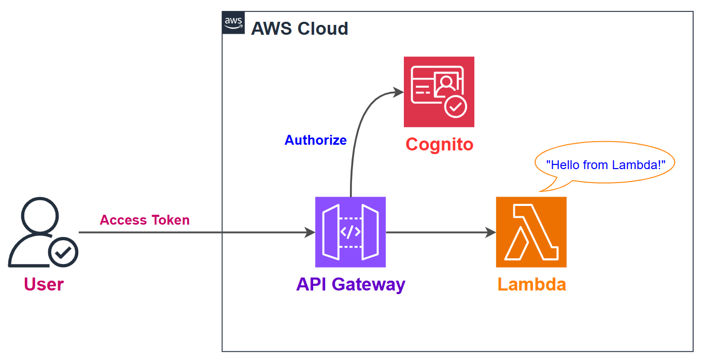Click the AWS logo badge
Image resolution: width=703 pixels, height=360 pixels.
click(x=233, y=22)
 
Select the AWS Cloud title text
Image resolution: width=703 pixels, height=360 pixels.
click(x=300, y=29)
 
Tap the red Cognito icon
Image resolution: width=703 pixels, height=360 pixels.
click(x=439, y=92)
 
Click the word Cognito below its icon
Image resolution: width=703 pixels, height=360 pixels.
click(x=439, y=144)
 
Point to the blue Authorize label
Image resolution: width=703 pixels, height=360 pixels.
click(x=315, y=140)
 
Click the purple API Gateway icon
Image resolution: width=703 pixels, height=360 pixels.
click(x=350, y=232)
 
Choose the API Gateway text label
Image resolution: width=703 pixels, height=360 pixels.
click(x=350, y=284)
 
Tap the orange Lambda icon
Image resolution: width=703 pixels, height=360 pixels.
click(x=531, y=232)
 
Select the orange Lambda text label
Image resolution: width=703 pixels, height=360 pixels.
click(x=531, y=284)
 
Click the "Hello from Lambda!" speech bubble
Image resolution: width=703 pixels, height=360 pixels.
click(x=604, y=165)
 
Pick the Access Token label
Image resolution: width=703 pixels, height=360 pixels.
click(x=145, y=220)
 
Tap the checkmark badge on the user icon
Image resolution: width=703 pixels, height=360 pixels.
click(x=63, y=253)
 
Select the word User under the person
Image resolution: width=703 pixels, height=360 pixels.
click(x=44, y=284)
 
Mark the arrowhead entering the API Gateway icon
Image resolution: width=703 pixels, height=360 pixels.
click(x=310, y=232)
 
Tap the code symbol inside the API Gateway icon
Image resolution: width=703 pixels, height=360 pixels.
click(x=350, y=232)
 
